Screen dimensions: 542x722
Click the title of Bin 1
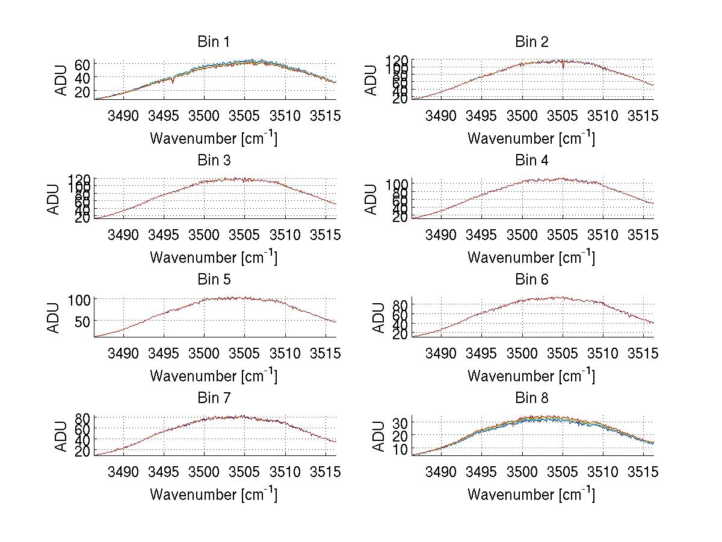[x=214, y=42]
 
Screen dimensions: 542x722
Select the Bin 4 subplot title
[x=531, y=161]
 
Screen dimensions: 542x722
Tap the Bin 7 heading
[x=214, y=398]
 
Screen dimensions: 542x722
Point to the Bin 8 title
[x=531, y=398]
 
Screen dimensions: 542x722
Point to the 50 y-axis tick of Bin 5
[x=82, y=321]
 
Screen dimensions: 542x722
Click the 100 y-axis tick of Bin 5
[x=79, y=300]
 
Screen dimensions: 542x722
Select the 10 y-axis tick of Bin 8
[x=400, y=449]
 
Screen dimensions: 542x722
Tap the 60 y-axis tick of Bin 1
[x=82, y=64]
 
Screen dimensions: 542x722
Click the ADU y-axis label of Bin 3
[x=55, y=199]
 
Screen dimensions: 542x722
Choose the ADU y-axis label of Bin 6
[x=378, y=318]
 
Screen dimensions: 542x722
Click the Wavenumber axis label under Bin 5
[x=214, y=375]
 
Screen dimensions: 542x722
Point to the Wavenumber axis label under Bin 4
[x=531, y=257]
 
